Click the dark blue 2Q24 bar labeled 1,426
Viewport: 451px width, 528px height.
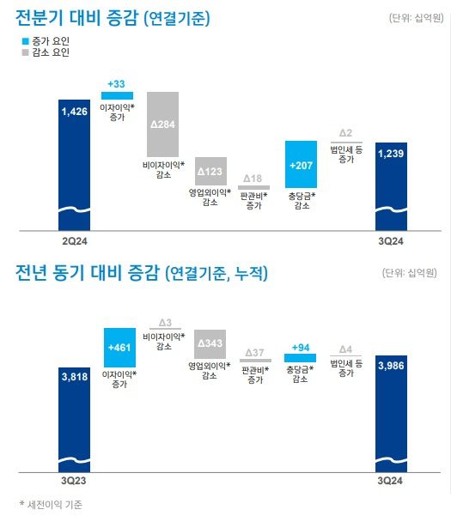tap(75, 163)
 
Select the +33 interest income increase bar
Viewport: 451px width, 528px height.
tap(117, 94)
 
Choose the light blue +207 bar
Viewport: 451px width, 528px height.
tap(301, 164)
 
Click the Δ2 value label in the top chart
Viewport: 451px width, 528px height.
tap(346, 132)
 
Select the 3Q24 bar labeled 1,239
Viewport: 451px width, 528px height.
tap(393, 185)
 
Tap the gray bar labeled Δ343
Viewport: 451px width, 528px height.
tap(210, 343)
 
